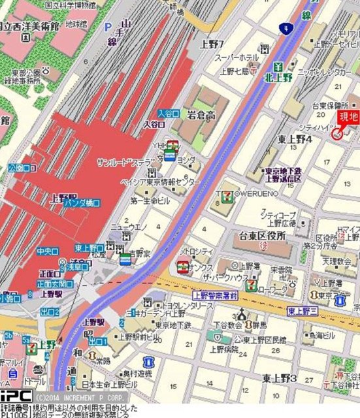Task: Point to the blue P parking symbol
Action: coord(107,27)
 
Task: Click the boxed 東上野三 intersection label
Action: coord(302,310)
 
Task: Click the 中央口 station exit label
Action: coord(48,249)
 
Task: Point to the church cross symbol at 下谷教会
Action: coord(242,313)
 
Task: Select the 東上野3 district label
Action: coord(280,378)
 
